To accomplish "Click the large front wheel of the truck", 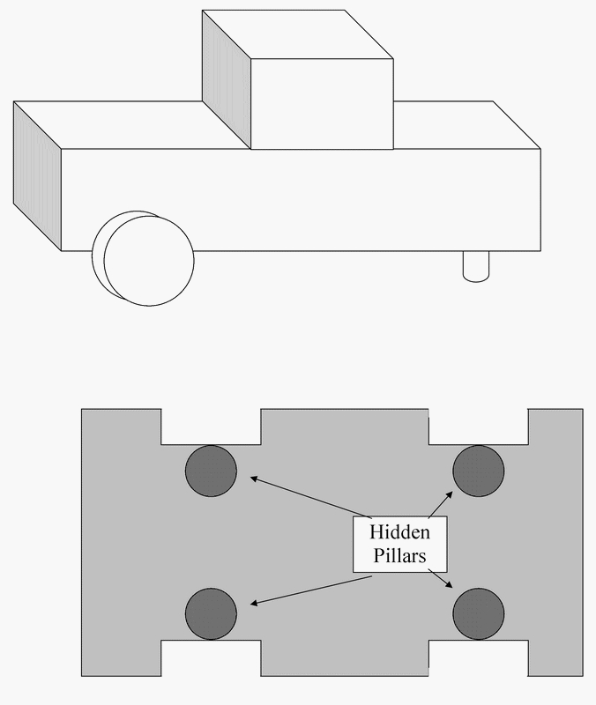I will pos(148,261).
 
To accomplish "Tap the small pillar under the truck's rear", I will pos(475,266).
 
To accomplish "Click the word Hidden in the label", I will pos(399,532).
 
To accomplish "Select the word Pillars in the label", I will pos(399,557).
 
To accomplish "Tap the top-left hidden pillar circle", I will pos(211,471).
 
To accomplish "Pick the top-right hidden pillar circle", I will pos(479,470).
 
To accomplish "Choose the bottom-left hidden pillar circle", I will pos(211,612).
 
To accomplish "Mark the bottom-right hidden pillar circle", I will pos(479,612).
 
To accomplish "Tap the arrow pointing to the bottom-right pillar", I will pos(438,579).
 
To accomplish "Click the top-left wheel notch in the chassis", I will pos(211,427).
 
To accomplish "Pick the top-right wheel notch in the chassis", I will pos(478,427).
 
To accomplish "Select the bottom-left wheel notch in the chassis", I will pos(211,658).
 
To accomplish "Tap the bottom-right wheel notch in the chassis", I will pos(478,658).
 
